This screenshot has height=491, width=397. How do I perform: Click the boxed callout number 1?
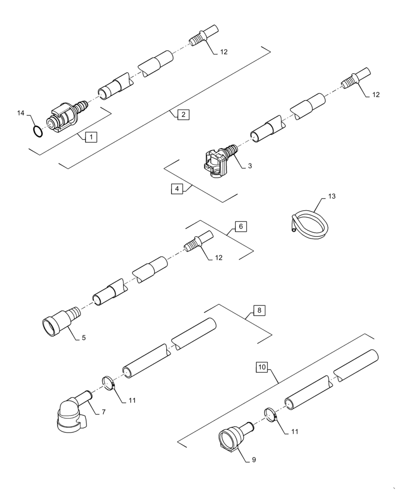tap(91, 137)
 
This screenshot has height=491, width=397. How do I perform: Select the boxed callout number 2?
tap(183, 115)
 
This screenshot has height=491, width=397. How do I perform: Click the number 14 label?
tap(21, 113)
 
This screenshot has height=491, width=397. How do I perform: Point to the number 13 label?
tap(332, 196)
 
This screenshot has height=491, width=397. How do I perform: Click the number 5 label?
tap(84, 338)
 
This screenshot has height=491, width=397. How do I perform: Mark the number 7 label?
tap(104, 412)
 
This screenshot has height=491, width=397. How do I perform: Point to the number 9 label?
tap(254, 460)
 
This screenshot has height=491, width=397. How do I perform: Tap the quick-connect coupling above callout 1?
tap(64, 117)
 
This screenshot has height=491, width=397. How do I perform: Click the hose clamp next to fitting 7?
tap(109, 382)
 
